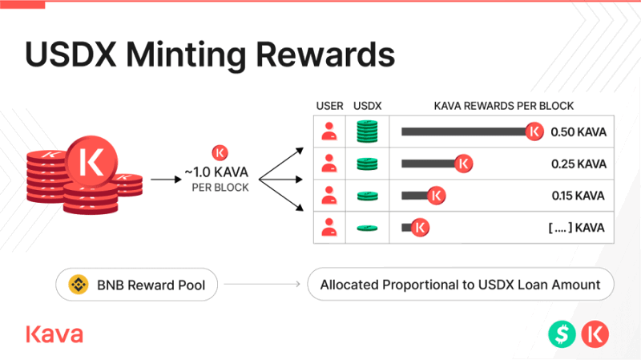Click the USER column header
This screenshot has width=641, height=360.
(x=329, y=106)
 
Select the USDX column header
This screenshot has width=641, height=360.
(x=367, y=106)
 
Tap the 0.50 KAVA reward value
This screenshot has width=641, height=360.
(x=579, y=132)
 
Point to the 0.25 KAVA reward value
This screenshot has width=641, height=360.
(x=579, y=164)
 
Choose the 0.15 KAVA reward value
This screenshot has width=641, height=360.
(x=578, y=196)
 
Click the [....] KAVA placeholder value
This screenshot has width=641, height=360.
(x=576, y=228)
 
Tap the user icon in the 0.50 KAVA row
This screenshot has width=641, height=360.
(x=329, y=131)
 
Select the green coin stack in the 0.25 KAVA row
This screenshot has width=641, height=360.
(x=367, y=164)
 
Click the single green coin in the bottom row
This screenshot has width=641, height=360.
(x=367, y=228)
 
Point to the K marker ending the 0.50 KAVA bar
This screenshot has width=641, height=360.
(x=534, y=131)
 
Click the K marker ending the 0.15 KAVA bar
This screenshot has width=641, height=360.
(x=436, y=196)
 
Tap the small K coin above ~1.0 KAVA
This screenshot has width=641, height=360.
(x=220, y=153)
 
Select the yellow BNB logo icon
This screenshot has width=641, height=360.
(x=79, y=285)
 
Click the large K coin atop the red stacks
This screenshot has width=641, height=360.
(x=91, y=162)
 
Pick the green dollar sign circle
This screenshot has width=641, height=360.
(x=562, y=334)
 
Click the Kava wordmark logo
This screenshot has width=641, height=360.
(x=54, y=334)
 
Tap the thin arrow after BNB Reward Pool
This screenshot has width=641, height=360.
(x=262, y=284)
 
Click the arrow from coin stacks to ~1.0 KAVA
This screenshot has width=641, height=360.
(x=166, y=179)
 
